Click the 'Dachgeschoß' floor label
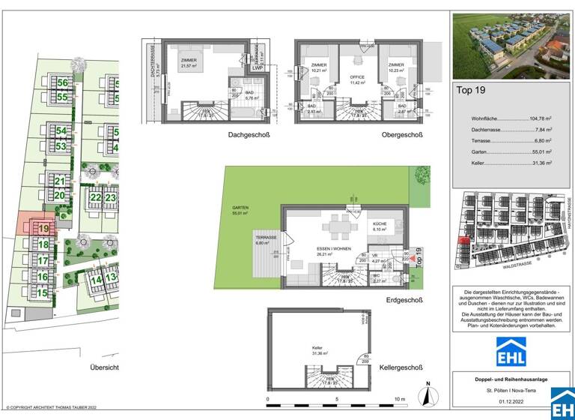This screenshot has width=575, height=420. click(249, 135)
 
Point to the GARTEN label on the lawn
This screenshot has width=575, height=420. click(240, 208)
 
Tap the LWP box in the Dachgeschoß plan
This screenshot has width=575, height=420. click(258, 67)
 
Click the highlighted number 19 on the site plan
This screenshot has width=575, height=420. click(43, 228)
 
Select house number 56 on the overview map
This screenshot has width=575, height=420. click(62, 83)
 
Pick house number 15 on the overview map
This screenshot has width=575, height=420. click(43, 293)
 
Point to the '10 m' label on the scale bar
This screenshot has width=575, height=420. click(399, 400)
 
